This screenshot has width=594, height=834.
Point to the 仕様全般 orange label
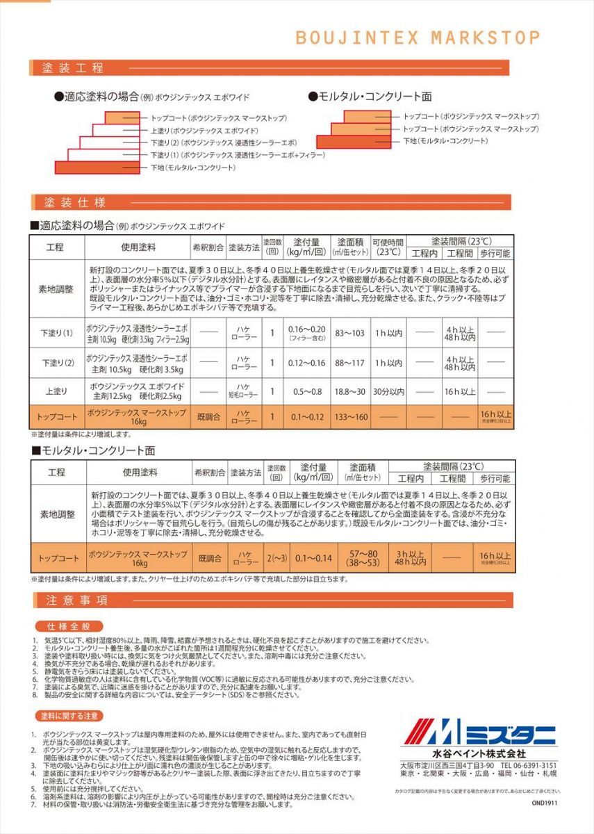(x=65, y=625)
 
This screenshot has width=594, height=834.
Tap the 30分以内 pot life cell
(x=388, y=391)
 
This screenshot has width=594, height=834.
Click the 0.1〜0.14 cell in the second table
(x=313, y=557)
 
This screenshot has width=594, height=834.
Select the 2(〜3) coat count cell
(x=277, y=557)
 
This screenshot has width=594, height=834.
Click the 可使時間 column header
(x=388, y=247)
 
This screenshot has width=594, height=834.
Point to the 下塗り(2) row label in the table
(x=56, y=363)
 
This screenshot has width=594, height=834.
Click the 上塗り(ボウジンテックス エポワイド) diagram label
(x=204, y=131)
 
